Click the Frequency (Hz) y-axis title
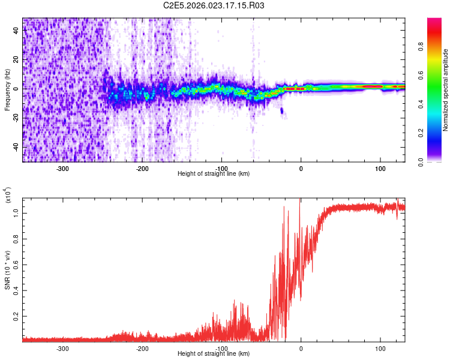point(7,89)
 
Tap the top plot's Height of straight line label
point(214,174)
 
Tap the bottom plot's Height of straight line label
point(214,354)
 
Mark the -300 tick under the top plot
point(64,169)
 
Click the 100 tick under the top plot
point(380,169)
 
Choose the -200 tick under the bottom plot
point(142,349)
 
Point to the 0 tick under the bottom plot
point(301,349)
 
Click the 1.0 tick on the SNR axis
point(16,212)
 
